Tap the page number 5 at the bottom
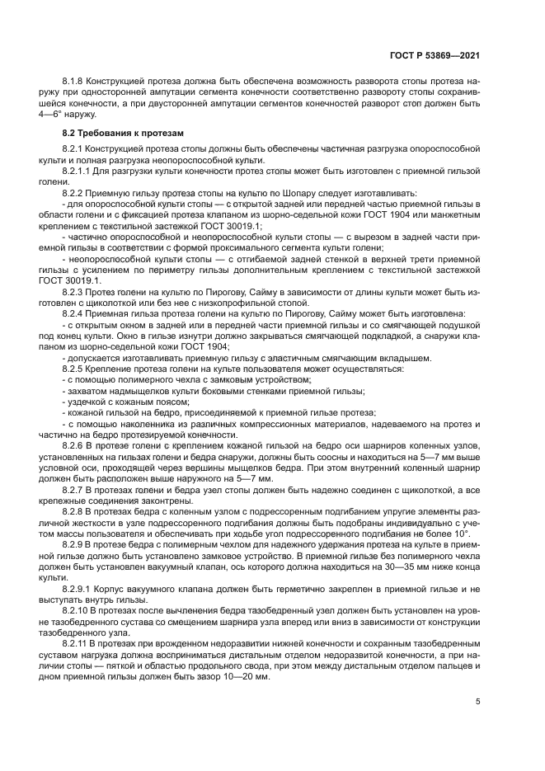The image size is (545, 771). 477,702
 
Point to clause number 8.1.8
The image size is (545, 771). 75,82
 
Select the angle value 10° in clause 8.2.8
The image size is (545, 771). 471,535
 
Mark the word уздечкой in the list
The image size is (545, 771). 88,402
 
